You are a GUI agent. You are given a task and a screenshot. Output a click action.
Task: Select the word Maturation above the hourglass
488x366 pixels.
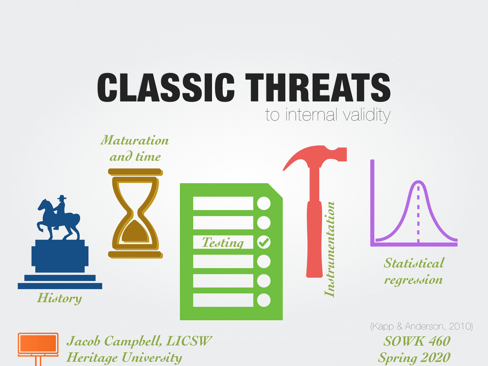pyautogui.click(x=135, y=140)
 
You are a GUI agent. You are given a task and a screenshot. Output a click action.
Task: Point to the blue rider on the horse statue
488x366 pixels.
pyautogui.click(x=60, y=207)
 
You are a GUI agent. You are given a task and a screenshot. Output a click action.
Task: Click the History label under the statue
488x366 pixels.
pyautogui.click(x=59, y=298)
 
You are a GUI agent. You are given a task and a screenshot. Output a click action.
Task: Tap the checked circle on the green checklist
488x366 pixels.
pyautogui.click(x=264, y=242)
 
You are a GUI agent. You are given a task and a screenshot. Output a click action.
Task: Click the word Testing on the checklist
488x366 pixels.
pyautogui.click(x=223, y=242)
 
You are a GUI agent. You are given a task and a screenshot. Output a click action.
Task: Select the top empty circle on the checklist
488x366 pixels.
pyautogui.click(x=264, y=203)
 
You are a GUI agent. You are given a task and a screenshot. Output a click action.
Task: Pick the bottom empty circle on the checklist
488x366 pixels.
pyautogui.click(x=264, y=300)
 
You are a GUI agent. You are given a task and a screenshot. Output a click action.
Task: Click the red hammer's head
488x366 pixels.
pyautogui.click(x=317, y=156)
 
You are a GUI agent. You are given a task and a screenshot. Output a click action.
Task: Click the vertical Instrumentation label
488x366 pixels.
pyautogui.click(x=329, y=249)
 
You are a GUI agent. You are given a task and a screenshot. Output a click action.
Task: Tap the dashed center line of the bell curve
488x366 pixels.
pyautogui.click(x=418, y=213)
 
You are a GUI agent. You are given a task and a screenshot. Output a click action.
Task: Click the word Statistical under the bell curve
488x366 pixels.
pyautogui.click(x=414, y=263)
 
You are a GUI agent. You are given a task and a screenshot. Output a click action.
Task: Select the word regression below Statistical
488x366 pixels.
pyautogui.click(x=413, y=280)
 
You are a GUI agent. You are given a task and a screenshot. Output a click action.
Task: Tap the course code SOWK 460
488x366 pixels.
pyautogui.click(x=417, y=341)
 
